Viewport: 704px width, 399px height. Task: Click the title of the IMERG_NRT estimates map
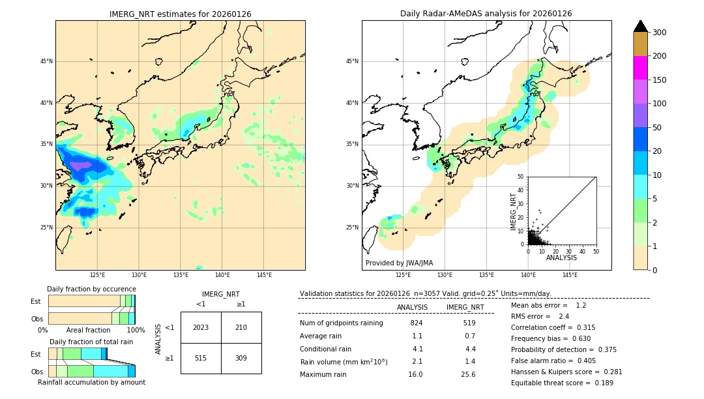(180, 14)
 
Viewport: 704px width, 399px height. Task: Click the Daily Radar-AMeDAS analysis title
(486, 14)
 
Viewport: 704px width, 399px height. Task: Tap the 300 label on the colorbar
(659, 33)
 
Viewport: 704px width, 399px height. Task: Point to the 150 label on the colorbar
(659, 80)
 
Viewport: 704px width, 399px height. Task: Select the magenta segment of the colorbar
(640, 68)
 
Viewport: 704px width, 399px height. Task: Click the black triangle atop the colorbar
(640, 26)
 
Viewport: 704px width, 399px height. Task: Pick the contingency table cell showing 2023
(201, 327)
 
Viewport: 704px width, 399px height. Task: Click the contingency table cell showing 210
(241, 327)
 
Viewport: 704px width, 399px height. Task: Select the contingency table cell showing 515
(201, 358)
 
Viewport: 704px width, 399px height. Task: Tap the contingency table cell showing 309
(241, 358)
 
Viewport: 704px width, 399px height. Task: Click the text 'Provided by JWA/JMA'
(399, 263)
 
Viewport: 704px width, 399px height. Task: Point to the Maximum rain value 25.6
(468, 374)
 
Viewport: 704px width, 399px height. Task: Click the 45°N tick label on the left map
(46, 61)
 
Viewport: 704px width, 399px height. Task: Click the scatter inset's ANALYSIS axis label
(561, 258)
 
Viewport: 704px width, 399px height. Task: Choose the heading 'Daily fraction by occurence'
(91, 289)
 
